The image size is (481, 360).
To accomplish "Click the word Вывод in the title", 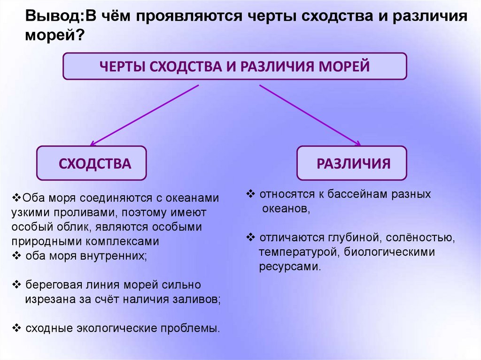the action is [x=53, y=16].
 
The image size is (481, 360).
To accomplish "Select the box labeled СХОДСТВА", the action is [x=92, y=164].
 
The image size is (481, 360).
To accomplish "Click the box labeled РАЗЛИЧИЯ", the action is [x=351, y=163].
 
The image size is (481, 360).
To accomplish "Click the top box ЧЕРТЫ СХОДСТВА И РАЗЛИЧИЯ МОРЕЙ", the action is [x=235, y=66].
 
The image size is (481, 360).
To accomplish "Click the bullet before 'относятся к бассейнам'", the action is [x=250, y=193].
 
